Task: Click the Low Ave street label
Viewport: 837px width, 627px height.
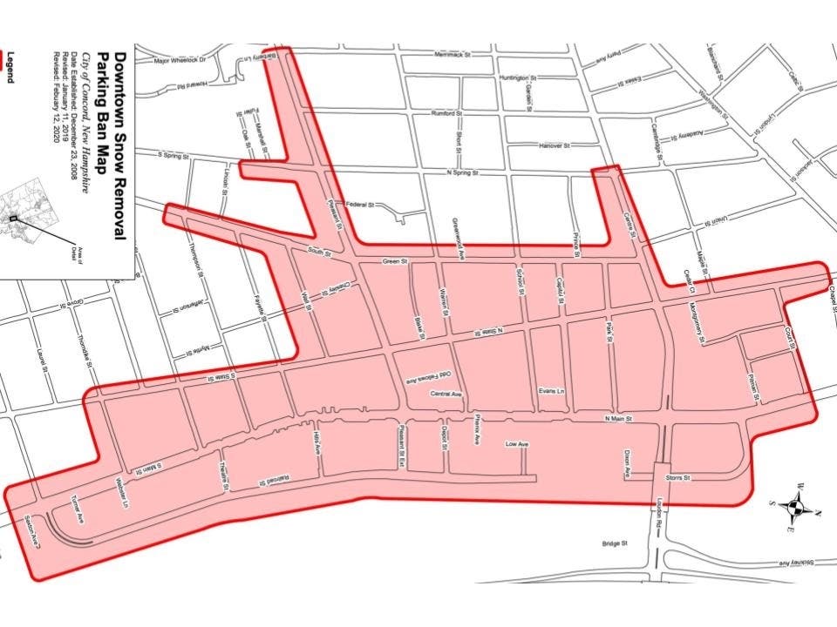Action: [x=517, y=444]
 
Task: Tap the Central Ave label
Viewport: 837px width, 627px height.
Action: [x=446, y=394]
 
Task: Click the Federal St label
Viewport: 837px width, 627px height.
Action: [x=359, y=206]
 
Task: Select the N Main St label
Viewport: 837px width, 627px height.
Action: [x=617, y=420]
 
